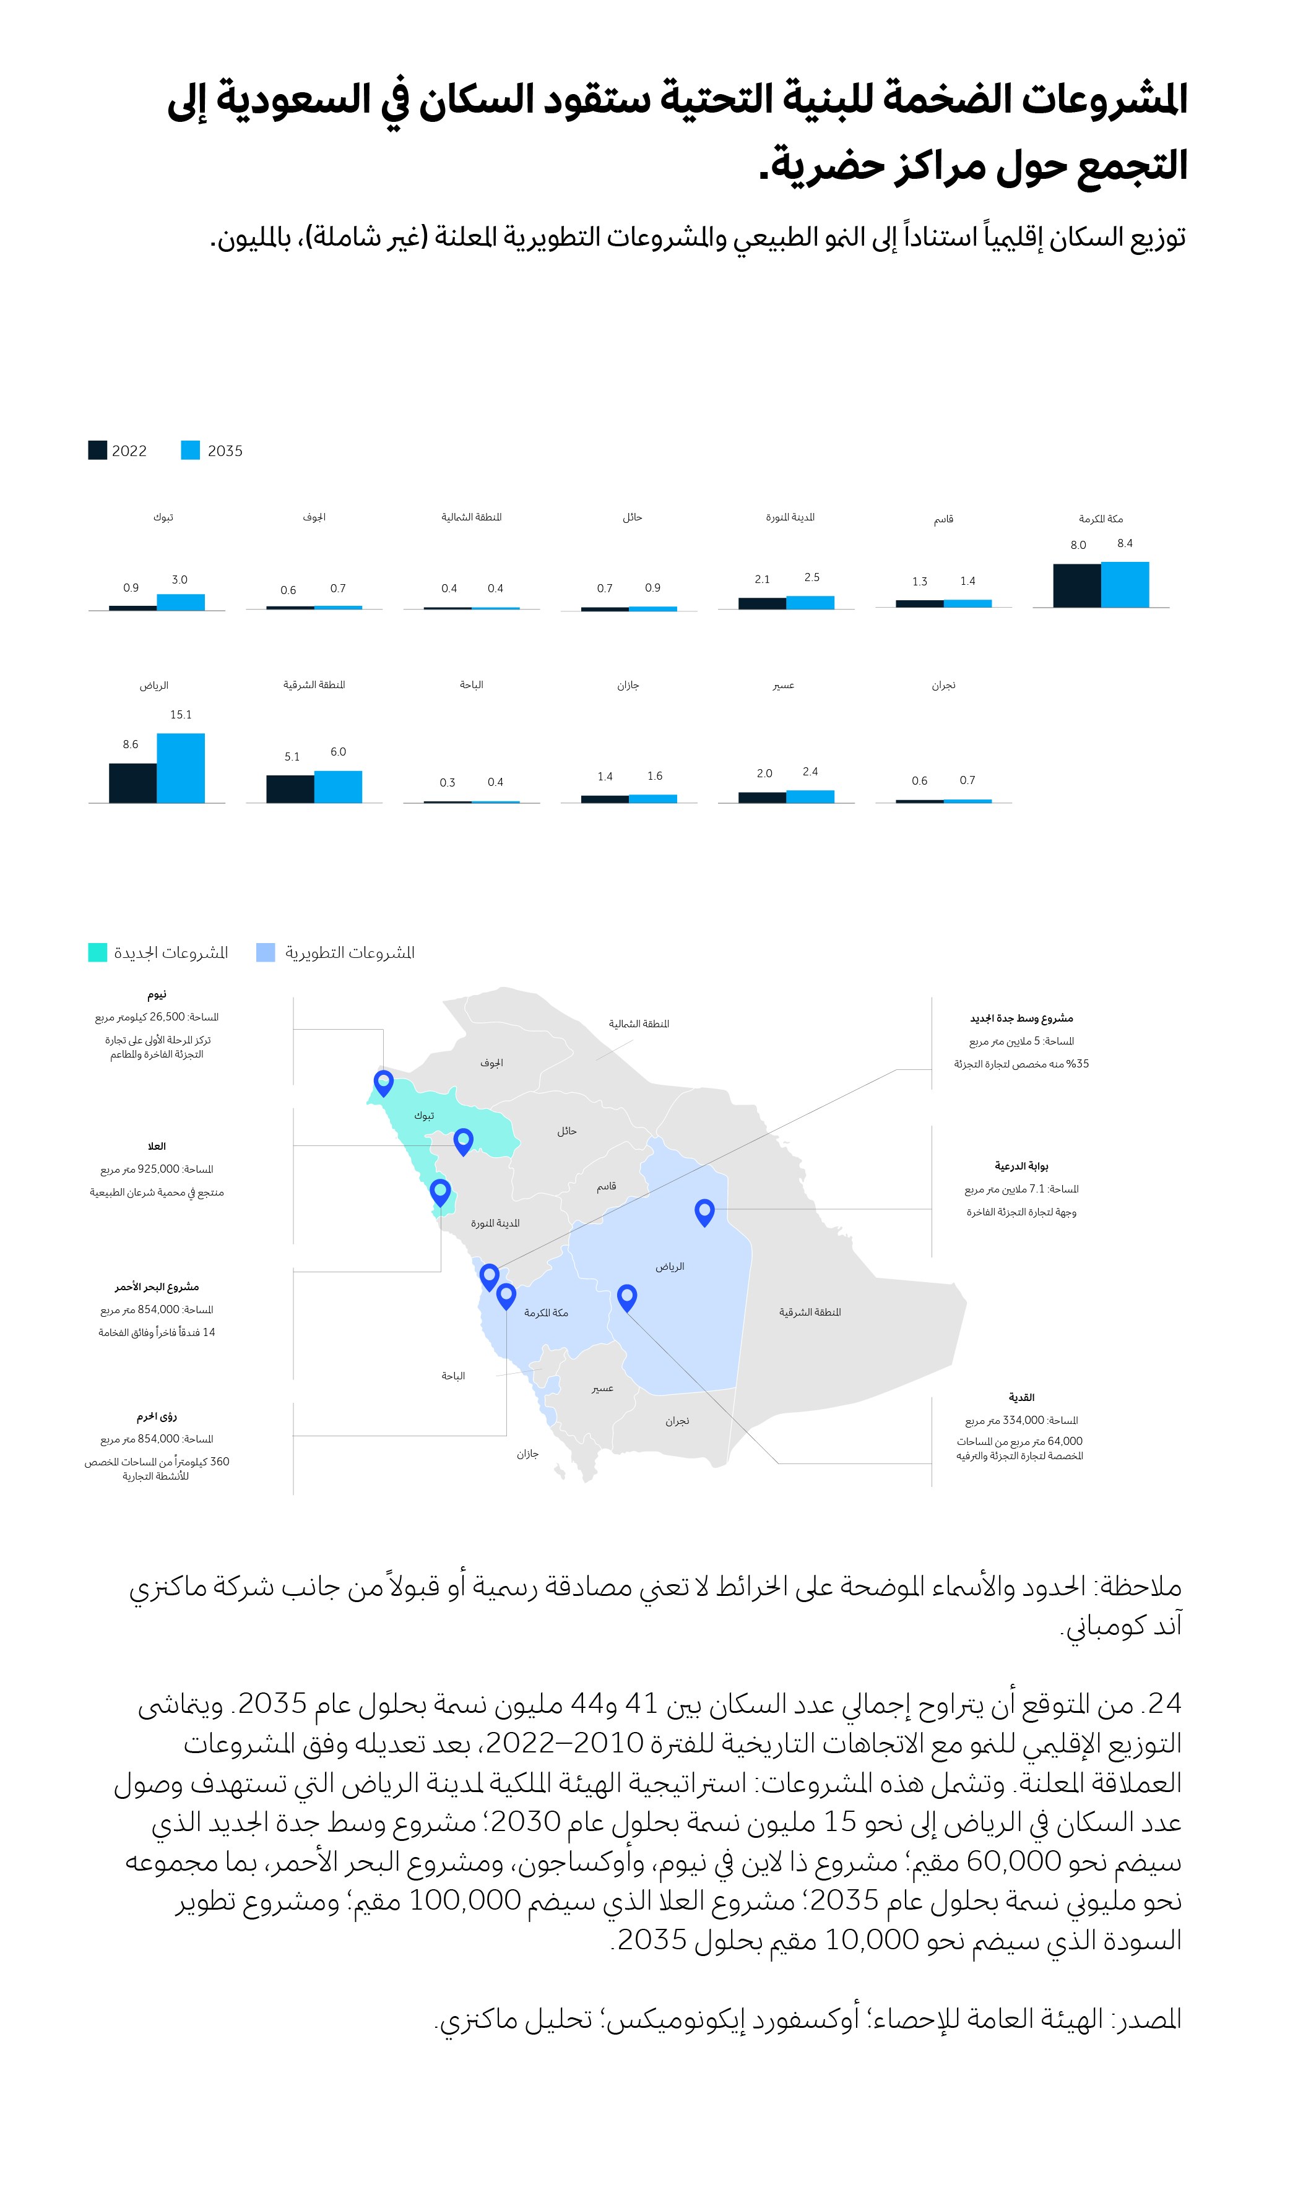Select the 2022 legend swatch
pos(97,450)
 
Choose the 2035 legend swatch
pos(190,450)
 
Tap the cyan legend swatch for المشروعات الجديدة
pos(97,952)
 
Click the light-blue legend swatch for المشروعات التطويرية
pos(265,952)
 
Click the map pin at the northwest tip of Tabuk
pos(383,1082)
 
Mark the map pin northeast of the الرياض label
pos(704,1211)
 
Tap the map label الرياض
pos(670,1266)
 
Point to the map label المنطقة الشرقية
pos(809,1312)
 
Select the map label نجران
pos(677,1421)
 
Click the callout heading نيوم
pos(157,994)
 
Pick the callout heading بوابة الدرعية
pos(1021,1166)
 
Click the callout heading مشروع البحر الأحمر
pos(157,1286)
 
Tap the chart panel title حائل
pos(631,517)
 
